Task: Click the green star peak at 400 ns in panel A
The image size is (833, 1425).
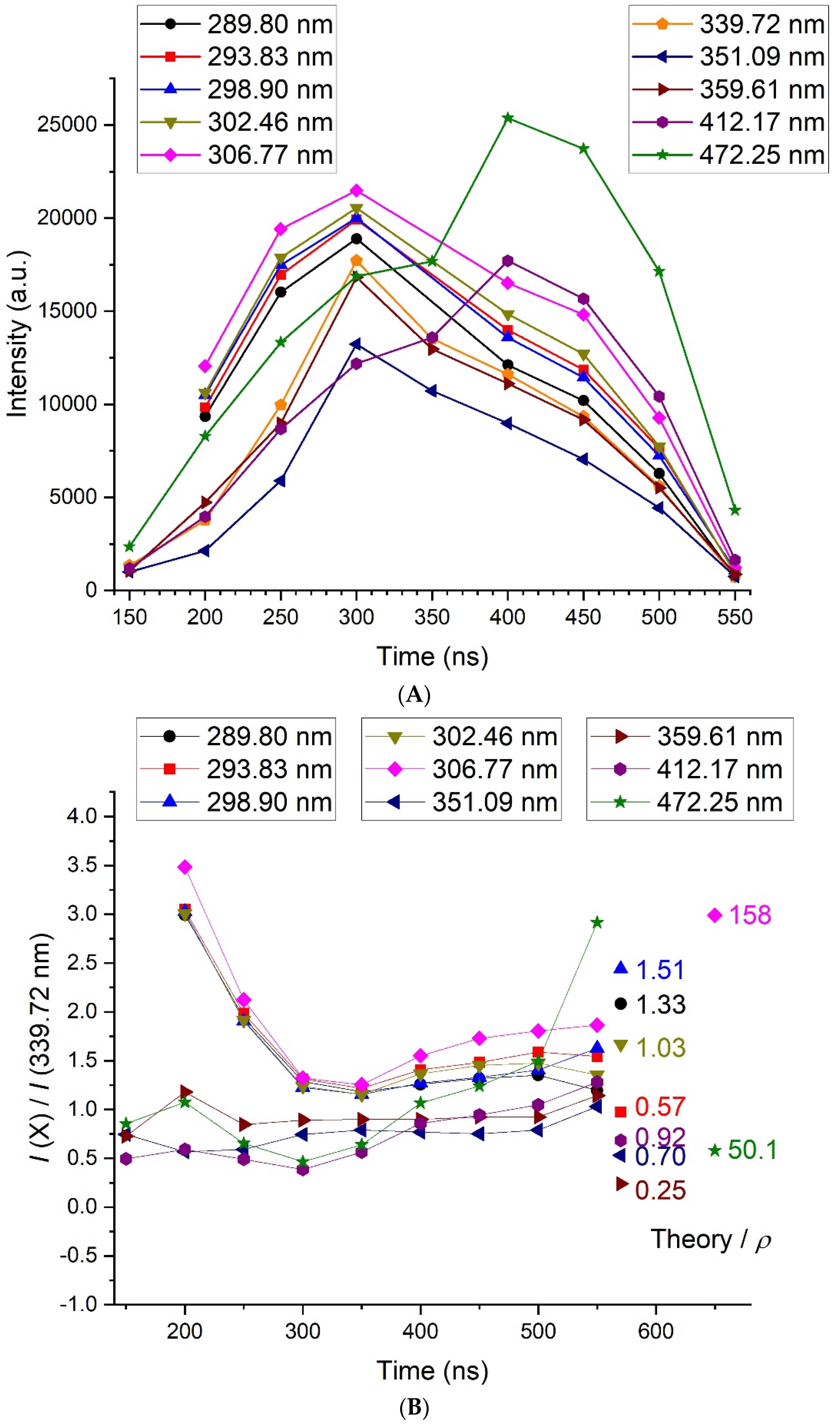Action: [508, 118]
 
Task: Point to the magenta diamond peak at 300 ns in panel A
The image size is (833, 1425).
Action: [356, 191]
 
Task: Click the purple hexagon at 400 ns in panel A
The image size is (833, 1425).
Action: [508, 261]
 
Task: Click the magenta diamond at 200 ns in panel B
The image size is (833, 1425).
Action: [185, 867]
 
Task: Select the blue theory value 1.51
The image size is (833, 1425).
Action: [660, 970]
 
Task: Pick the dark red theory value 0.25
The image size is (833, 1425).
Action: [660, 1190]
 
